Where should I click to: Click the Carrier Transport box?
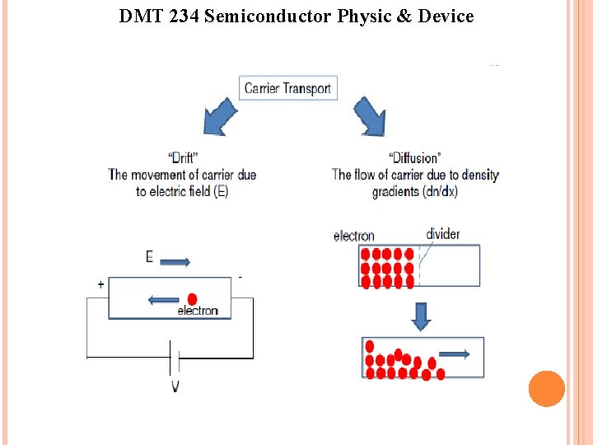287,88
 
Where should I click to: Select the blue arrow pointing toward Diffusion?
370,117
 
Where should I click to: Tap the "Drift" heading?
182,157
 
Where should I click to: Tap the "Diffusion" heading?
414,157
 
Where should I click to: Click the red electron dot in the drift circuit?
193,298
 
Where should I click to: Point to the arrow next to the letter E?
175,262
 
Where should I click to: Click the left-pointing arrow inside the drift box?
164,299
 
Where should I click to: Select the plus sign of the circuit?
100,284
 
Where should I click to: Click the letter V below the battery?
175,386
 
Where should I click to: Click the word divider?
443,234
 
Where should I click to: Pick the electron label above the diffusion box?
354,236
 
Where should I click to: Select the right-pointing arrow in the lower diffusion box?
455,354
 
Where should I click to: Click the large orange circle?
546,389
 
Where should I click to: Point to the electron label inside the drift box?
198,311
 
